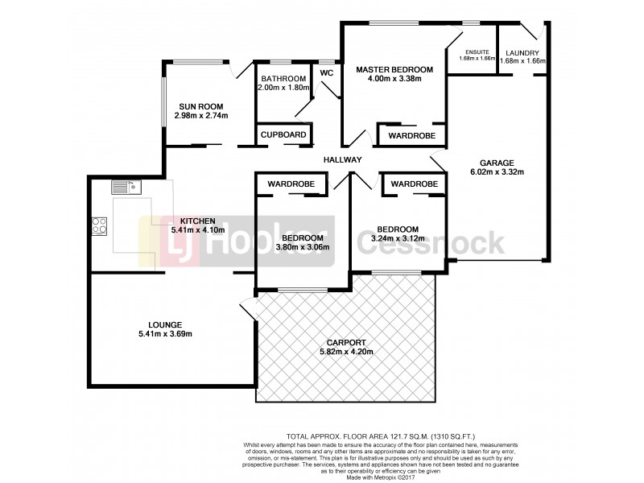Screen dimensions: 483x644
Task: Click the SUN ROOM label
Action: [x=200, y=106]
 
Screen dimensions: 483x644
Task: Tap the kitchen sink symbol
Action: [x=126, y=188]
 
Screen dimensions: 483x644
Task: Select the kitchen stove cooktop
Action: [x=101, y=226]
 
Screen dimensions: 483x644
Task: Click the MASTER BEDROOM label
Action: [x=394, y=70]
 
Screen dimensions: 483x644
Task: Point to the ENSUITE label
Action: [x=475, y=51]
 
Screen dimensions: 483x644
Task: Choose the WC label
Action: [x=327, y=72]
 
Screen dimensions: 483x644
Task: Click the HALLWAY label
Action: [x=343, y=159]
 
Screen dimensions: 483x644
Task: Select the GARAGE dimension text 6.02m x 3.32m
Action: [x=497, y=171]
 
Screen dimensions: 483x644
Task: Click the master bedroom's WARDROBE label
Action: [x=411, y=136]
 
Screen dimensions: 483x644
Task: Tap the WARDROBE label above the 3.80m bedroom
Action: [x=291, y=184]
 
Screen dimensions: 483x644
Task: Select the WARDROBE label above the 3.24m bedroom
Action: [x=415, y=184]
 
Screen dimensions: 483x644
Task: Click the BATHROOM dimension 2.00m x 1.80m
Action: [x=283, y=88]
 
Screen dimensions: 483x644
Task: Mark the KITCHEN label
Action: [x=196, y=221]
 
